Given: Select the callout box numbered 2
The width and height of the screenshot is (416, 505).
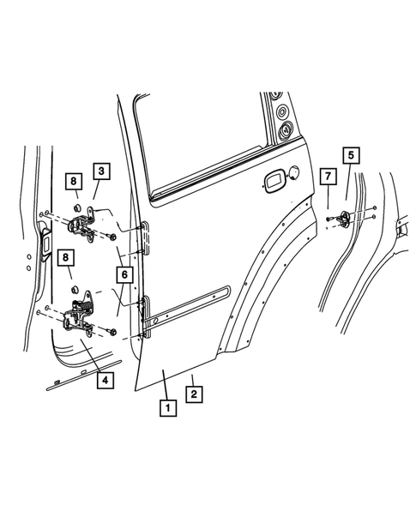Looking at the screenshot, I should (195, 394).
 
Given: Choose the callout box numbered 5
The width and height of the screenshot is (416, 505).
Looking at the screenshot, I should (351, 155).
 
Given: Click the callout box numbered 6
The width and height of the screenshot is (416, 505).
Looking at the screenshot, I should (124, 275).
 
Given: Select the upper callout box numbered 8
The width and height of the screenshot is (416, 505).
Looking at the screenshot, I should (75, 181).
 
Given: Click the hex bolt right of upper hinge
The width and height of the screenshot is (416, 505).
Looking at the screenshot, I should (113, 235).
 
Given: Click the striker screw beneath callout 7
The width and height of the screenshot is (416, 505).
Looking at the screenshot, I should (329, 220).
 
